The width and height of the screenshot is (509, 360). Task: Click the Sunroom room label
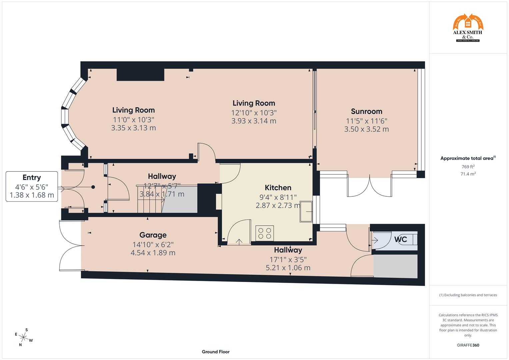pos(366,111)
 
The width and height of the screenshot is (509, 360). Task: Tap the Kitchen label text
pos(278,188)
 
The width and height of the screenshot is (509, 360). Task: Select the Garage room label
pos(153,235)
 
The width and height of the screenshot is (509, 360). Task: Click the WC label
pos(400,239)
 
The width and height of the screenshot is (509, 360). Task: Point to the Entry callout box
pos(32,186)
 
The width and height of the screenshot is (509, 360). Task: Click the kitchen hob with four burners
pos(265,233)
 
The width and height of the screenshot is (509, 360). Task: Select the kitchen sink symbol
pos(306,211)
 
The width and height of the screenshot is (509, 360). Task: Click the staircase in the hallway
pos(150,199)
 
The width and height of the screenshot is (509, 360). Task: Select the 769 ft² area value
pos(468,167)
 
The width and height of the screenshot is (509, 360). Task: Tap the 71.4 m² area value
pos(468,174)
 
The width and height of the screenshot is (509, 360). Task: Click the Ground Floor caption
pos(215,352)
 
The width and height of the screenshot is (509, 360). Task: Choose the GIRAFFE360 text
pos(468,345)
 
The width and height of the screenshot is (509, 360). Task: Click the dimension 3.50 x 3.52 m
pos(366,129)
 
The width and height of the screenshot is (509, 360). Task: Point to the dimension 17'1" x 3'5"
pos(288,259)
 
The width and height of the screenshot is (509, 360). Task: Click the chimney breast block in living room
pos(140,75)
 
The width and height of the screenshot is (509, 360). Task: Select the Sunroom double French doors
pos(370,187)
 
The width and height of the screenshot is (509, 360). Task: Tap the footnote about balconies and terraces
pos(468,295)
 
